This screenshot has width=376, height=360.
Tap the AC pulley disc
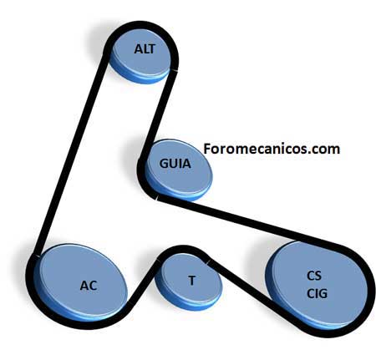click(81, 282)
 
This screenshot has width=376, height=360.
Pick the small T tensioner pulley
click(189, 281)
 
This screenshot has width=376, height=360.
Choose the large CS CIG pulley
click(316, 286)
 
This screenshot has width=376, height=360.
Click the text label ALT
click(145, 49)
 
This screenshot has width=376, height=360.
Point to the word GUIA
click(175, 164)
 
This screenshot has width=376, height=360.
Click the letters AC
click(89, 286)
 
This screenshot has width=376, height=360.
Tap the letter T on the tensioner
click(191, 281)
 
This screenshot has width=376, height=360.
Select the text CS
click(314, 276)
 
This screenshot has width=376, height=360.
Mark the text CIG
click(317, 293)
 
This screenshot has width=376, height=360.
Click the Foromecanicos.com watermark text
click(272, 149)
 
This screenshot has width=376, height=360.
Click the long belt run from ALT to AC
click(71, 153)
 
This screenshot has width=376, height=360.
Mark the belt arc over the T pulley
click(184, 250)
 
